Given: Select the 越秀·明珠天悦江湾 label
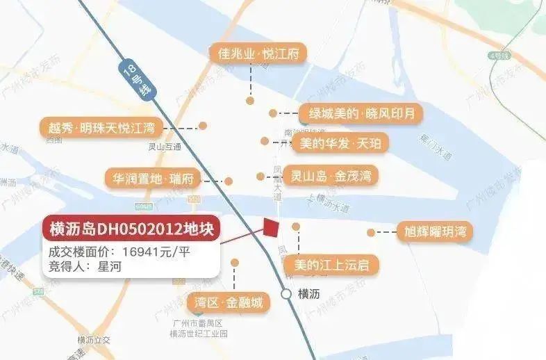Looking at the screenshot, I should (101, 127).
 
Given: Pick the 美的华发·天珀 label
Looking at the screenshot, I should (340, 143).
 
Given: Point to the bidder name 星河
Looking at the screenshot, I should (111, 265).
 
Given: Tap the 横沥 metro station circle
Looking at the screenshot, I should (286, 294).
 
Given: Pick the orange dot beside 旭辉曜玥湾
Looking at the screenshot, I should (371, 232).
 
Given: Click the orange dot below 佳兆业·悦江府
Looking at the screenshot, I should (250, 101).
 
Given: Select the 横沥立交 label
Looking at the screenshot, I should (95, 339).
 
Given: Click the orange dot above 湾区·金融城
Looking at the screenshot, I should (235, 263).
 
